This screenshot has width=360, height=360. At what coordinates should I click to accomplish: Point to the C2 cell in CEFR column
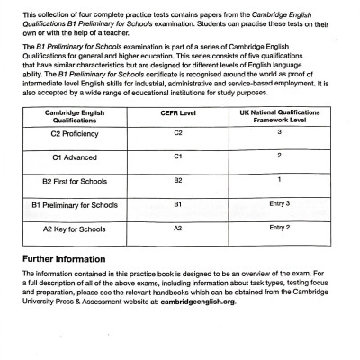coord(176,157)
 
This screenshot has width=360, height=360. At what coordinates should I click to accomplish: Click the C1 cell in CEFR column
coord(176,181)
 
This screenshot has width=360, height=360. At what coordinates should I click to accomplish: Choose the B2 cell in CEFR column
coord(176,205)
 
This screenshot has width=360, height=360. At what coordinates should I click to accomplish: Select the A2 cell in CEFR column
coord(176,254)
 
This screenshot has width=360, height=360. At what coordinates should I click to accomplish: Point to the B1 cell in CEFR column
coord(176,229)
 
